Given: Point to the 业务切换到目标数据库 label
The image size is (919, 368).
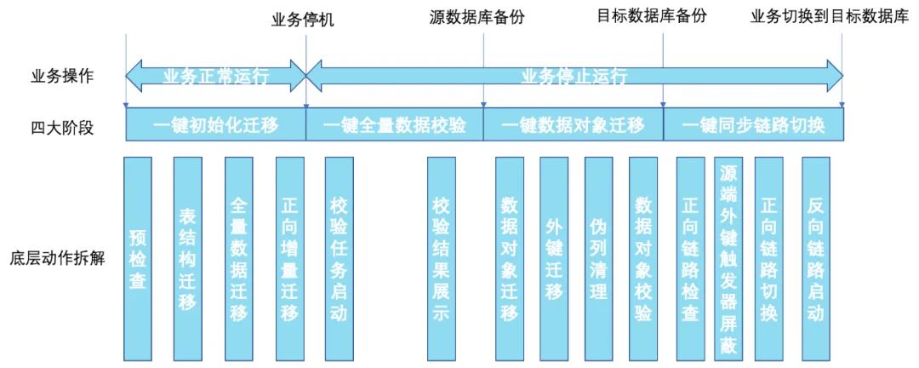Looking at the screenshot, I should (x=830, y=16).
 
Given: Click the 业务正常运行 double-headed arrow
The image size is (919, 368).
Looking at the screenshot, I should (x=215, y=76).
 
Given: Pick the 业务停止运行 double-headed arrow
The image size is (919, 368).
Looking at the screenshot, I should (x=574, y=76).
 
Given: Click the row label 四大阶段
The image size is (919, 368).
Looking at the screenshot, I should (x=59, y=129).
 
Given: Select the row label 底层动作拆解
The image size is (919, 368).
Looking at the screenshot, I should (x=59, y=258).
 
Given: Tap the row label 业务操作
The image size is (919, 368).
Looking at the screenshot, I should (x=59, y=77).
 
